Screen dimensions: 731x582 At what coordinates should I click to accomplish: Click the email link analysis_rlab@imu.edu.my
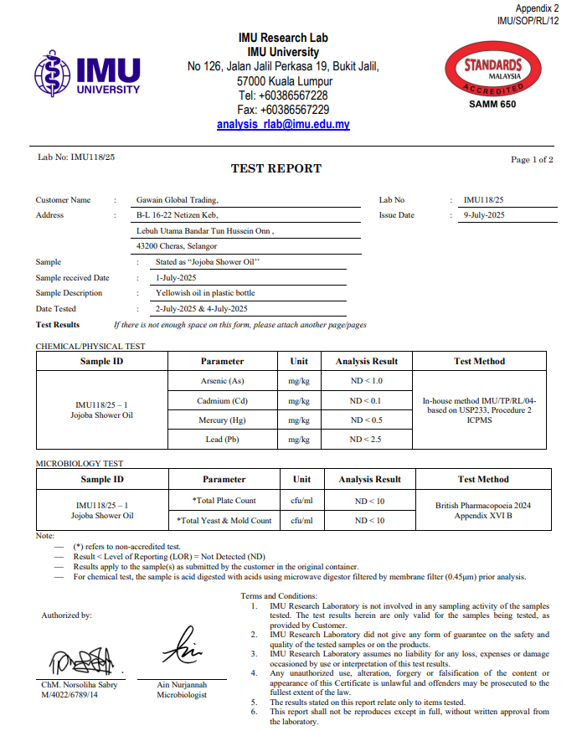283,124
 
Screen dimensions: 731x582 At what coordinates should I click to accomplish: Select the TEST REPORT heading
276,168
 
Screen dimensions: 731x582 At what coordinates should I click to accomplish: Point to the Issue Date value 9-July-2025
484,215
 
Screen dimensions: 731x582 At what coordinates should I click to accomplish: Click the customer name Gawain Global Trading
177,200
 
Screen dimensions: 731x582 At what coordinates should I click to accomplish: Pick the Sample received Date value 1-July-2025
176,277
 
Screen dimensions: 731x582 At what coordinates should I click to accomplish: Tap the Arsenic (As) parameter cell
223,381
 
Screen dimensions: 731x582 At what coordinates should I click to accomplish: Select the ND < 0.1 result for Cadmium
365,401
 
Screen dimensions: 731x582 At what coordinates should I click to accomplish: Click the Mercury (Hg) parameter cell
223,420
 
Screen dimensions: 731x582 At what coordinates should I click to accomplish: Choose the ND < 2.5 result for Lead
365,440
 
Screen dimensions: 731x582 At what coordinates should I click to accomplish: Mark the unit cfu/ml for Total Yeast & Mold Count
302,520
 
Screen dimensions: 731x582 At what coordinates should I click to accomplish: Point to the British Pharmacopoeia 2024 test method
483,506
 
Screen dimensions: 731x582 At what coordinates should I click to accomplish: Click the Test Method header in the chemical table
479,361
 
